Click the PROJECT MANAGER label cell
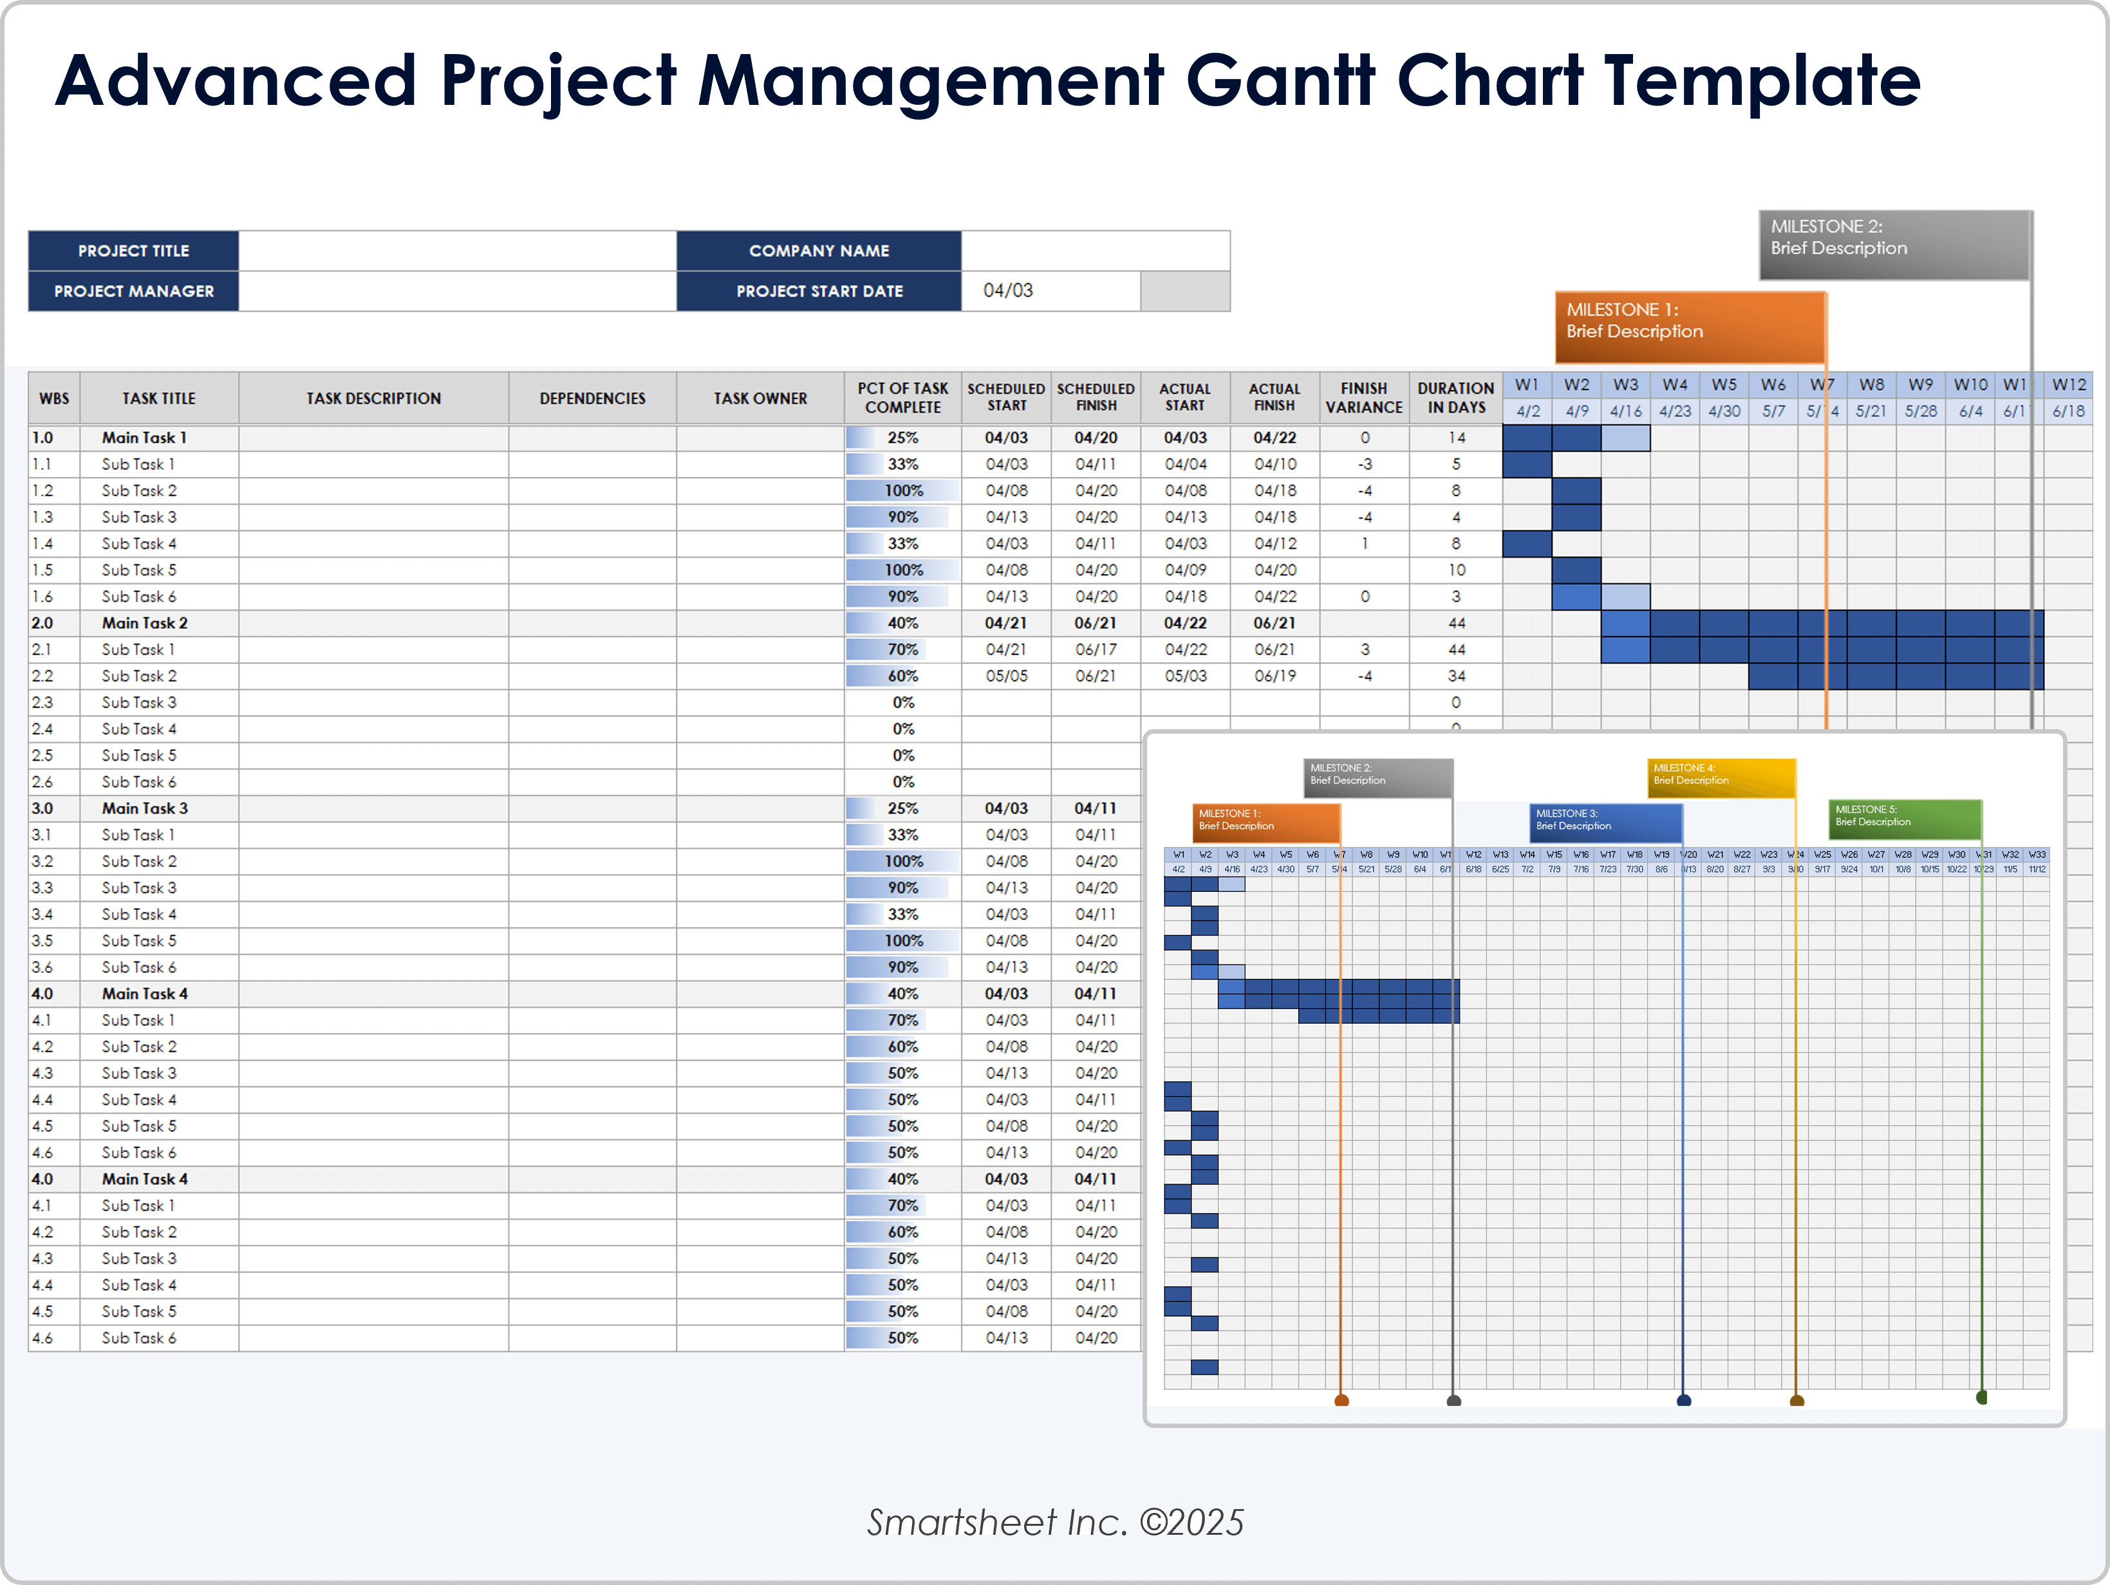pyautogui.click(x=133, y=291)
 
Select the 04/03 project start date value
pyautogui.click(x=1008, y=290)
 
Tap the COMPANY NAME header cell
pyautogui.click(x=818, y=251)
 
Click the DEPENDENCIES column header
pyautogui.click(x=592, y=398)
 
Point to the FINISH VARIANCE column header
pyautogui.click(x=1364, y=398)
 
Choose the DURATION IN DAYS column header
pyautogui.click(x=1455, y=398)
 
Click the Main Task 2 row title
pyautogui.click(x=145, y=623)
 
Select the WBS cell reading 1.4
pyautogui.click(x=43, y=544)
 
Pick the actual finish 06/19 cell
pyautogui.click(x=1275, y=676)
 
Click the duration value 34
pyautogui.click(x=1455, y=676)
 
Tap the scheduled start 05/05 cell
pyautogui.click(x=1006, y=676)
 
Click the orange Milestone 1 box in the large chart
pyautogui.click(x=1689, y=327)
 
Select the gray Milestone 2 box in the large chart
pyautogui.click(x=1894, y=245)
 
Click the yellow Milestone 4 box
pyautogui.click(x=1721, y=777)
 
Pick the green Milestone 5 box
pyautogui.click(x=1904, y=819)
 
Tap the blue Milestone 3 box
pyautogui.click(x=1605, y=822)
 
